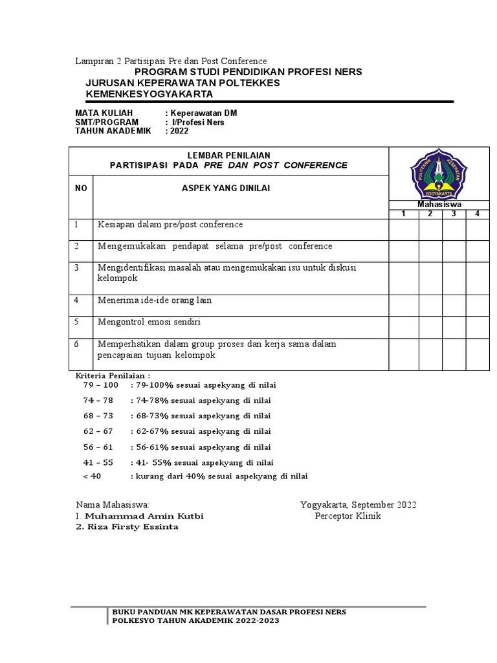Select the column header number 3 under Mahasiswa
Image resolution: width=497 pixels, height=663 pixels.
(454, 214)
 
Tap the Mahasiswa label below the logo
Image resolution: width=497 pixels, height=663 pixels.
(439, 205)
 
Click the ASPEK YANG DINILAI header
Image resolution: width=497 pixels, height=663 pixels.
(225, 188)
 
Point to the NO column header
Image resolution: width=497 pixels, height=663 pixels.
(81, 188)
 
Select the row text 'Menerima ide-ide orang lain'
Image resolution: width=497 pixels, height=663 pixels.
(155, 300)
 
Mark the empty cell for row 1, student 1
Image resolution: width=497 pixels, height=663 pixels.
(403, 229)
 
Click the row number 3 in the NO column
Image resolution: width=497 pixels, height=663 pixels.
(76, 267)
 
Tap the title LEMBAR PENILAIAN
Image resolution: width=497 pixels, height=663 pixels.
(228, 154)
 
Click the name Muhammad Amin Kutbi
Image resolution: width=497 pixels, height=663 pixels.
(144, 516)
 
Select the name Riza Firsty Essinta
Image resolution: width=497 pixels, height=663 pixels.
(127, 526)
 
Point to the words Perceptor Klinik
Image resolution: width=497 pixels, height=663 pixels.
(348, 516)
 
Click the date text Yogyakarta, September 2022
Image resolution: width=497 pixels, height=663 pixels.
(359, 504)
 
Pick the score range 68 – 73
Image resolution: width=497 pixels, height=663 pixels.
(98, 416)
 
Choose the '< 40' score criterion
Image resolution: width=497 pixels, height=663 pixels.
(93, 476)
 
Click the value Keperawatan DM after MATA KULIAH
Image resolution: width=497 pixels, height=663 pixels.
(203, 113)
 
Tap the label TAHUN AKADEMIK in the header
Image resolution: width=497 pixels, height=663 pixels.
(113, 131)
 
